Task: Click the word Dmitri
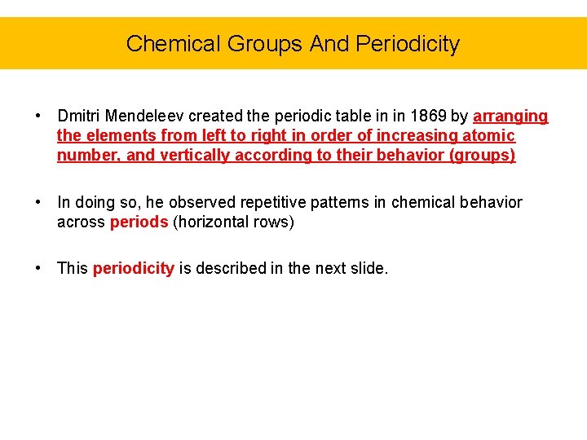coord(78,117)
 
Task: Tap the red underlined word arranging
coord(510,117)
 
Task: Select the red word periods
coord(139,222)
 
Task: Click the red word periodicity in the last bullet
coord(134,269)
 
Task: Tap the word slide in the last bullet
coord(368,269)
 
